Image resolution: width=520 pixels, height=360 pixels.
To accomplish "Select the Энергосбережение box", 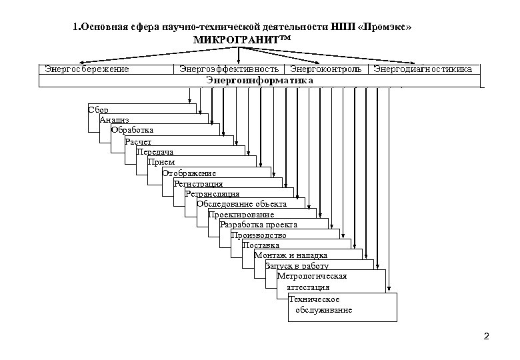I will tap(87, 69).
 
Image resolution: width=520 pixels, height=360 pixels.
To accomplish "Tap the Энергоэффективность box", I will tap(229, 69).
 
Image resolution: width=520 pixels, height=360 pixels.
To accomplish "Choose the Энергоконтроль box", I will tap(325, 69).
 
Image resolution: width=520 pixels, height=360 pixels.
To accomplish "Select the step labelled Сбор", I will tap(99, 109).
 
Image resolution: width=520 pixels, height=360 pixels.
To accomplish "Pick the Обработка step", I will tap(132, 129).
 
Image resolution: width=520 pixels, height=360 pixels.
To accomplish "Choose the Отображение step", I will tap(189, 173).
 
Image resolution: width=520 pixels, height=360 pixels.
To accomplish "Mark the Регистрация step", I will tap(198, 183).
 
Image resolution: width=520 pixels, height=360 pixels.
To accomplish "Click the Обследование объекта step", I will tap(241, 204).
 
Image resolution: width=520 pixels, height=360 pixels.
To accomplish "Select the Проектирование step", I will tap(241, 215).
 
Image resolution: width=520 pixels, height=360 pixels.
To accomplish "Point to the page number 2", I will tap(486, 335).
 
